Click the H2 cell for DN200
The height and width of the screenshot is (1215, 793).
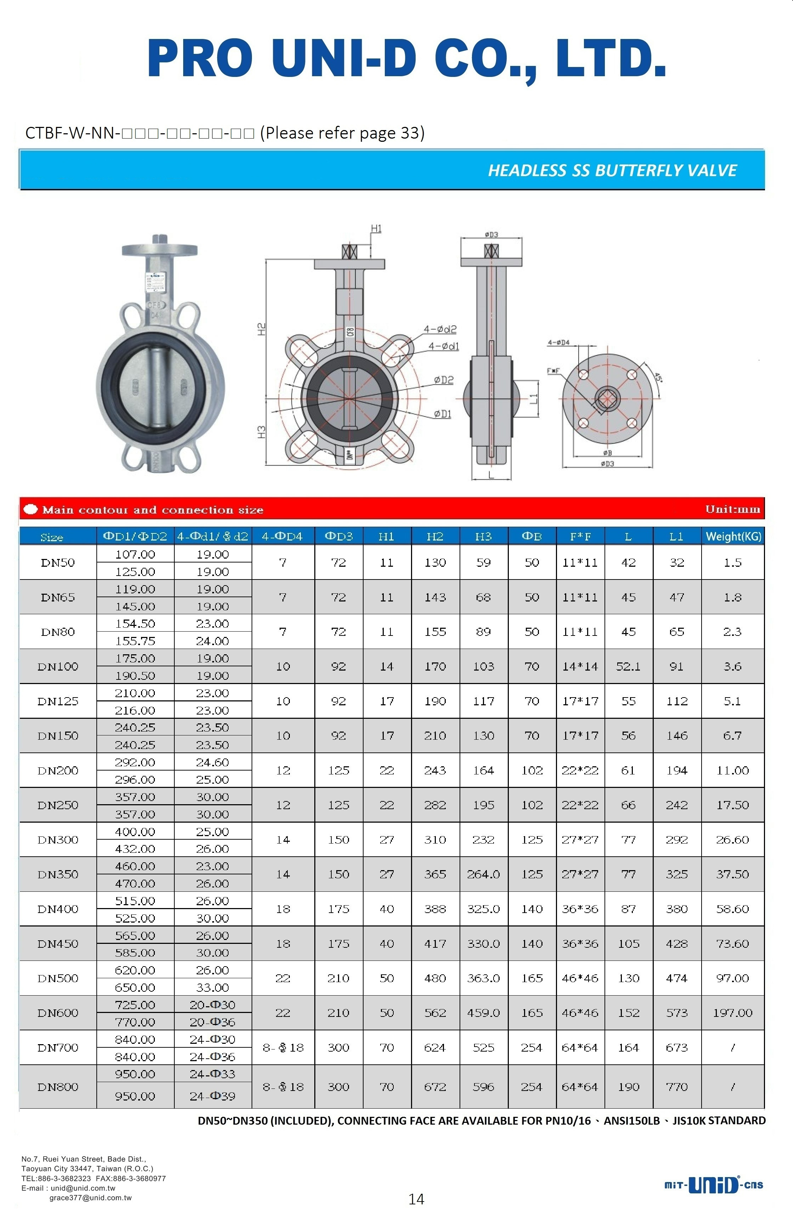435,770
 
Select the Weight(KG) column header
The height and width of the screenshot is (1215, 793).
733,536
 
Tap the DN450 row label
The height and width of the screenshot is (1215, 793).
58,944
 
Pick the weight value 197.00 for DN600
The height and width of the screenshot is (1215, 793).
732,1013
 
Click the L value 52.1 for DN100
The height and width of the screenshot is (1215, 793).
628,666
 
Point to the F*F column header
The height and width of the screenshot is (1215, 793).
580,536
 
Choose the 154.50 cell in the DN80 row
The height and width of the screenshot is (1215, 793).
135,623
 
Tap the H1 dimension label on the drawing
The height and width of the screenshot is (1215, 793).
376,228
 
